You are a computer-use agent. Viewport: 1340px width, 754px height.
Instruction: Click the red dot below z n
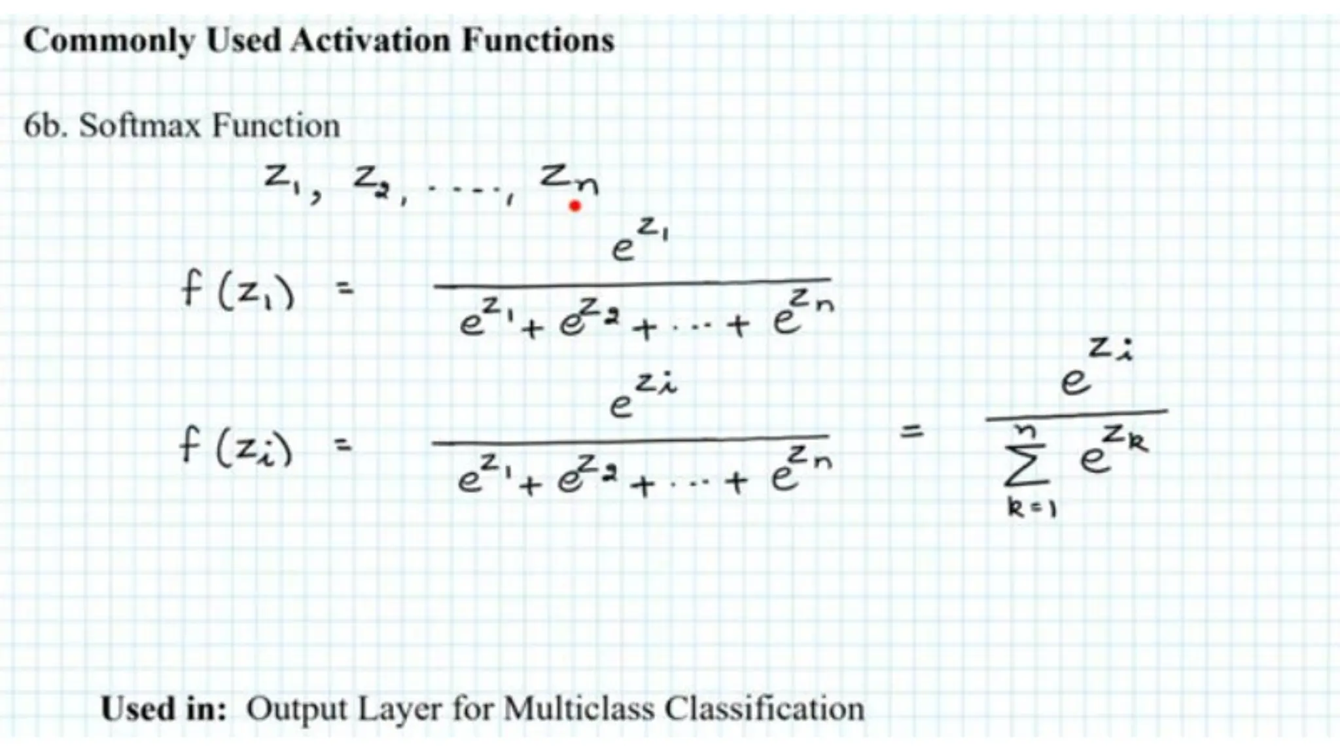tap(575, 207)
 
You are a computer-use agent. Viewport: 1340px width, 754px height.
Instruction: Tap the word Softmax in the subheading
tap(140, 126)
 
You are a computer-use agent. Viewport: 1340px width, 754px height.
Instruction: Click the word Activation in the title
tap(371, 41)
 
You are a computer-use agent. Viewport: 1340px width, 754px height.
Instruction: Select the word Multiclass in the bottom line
tap(579, 709)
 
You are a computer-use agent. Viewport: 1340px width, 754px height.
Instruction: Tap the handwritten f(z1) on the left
tap(237, 292)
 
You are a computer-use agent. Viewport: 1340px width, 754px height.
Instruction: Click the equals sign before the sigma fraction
tap(911, 431)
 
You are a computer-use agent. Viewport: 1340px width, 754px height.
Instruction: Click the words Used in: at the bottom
tap(164, 709)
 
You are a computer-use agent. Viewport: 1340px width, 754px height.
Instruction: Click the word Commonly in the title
tap(109, 41)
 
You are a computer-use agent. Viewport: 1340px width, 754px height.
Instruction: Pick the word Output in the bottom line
tap(296, 709)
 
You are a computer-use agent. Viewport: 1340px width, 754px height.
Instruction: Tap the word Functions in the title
tap(538, 41)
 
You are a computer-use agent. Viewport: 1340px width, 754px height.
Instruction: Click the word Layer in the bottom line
tap(400, 709)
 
